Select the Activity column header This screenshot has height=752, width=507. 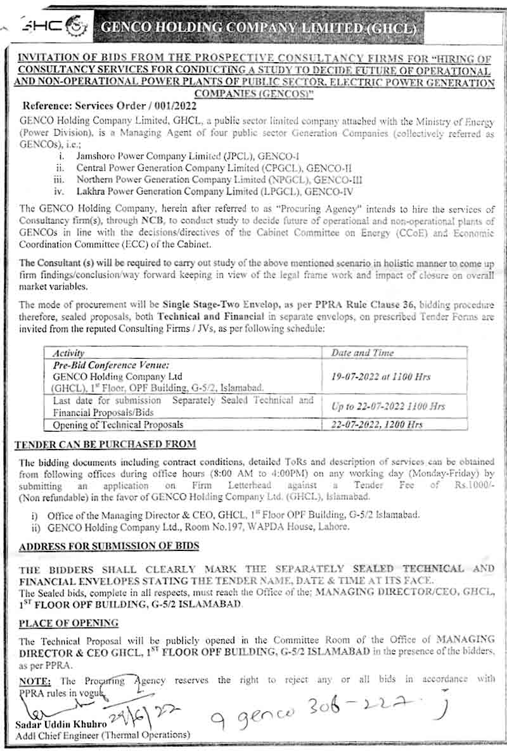[x=68, y=353]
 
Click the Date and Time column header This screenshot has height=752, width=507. [x=362, y=353]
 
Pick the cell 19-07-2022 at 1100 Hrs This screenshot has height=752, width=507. [x=381, y=377]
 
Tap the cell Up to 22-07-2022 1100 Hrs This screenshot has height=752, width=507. [x=388, y=406]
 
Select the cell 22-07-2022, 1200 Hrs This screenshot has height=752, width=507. [x=377, y=424]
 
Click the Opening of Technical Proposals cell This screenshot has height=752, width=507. [x=118, y=424]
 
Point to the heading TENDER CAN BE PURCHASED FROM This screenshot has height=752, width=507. [x=105, y=444]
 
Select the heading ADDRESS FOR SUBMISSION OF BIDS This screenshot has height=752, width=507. [x=109, y=546]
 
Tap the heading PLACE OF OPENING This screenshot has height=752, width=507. [x=68, y=623]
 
